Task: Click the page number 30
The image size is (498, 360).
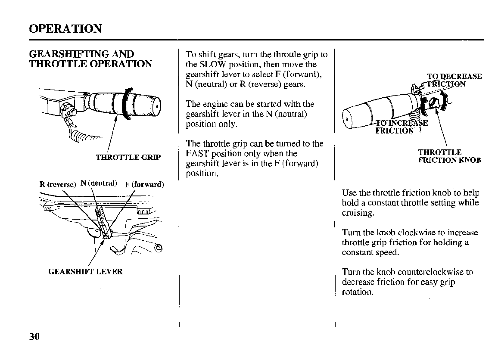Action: click(x=34, y=336)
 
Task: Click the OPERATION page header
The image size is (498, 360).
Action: click(x=65, y=29)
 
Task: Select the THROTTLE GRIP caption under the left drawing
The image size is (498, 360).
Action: click(x=128, y=157)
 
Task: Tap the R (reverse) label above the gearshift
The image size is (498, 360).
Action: click(x=58, y=185)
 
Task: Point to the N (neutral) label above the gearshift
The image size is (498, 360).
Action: click(x=98, y=183)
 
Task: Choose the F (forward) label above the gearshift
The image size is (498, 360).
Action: click(x=144, y=185)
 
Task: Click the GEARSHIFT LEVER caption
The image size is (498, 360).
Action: click(x=85, y=272)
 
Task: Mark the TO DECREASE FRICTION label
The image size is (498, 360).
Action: click(x=452, y=81)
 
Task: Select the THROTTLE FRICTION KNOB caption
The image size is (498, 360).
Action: click(x=449, y=156)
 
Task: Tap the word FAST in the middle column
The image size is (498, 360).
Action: click(x=196, y=154)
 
